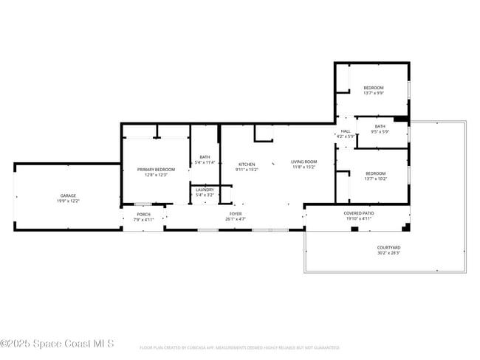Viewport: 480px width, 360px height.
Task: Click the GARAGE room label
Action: pos(68,195)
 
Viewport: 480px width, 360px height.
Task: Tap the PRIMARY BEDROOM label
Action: pos(156,170)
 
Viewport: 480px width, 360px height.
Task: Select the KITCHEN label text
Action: pos(247,164)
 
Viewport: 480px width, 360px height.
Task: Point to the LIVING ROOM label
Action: pos(304,162)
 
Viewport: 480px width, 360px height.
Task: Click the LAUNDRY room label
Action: pos(205,190)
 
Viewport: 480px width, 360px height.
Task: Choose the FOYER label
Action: pos(236,214)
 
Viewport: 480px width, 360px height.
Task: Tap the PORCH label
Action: pos(143,214)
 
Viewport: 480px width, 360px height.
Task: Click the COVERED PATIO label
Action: pos(359,213)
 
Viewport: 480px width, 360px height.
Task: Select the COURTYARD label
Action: pos(388,247)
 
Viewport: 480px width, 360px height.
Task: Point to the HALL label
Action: pos(346,131)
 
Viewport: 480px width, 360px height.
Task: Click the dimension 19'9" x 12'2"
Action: pos(68,201)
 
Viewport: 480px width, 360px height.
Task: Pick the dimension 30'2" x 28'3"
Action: pos(388,253)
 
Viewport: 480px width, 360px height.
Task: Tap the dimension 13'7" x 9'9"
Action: pos(374,93)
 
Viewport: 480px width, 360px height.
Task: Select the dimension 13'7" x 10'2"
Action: pos(374,179)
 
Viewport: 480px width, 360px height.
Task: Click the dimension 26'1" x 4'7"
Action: pos(236,219)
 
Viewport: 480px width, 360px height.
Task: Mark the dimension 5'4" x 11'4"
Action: pos(205,162)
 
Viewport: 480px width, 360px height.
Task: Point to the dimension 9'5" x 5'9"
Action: pos(380,132)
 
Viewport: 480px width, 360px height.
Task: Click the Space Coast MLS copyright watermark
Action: pos(57,343)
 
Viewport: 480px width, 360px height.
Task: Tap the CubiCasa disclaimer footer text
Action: pos(239,347)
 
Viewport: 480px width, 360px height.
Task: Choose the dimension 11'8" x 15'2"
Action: pos(304,167)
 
